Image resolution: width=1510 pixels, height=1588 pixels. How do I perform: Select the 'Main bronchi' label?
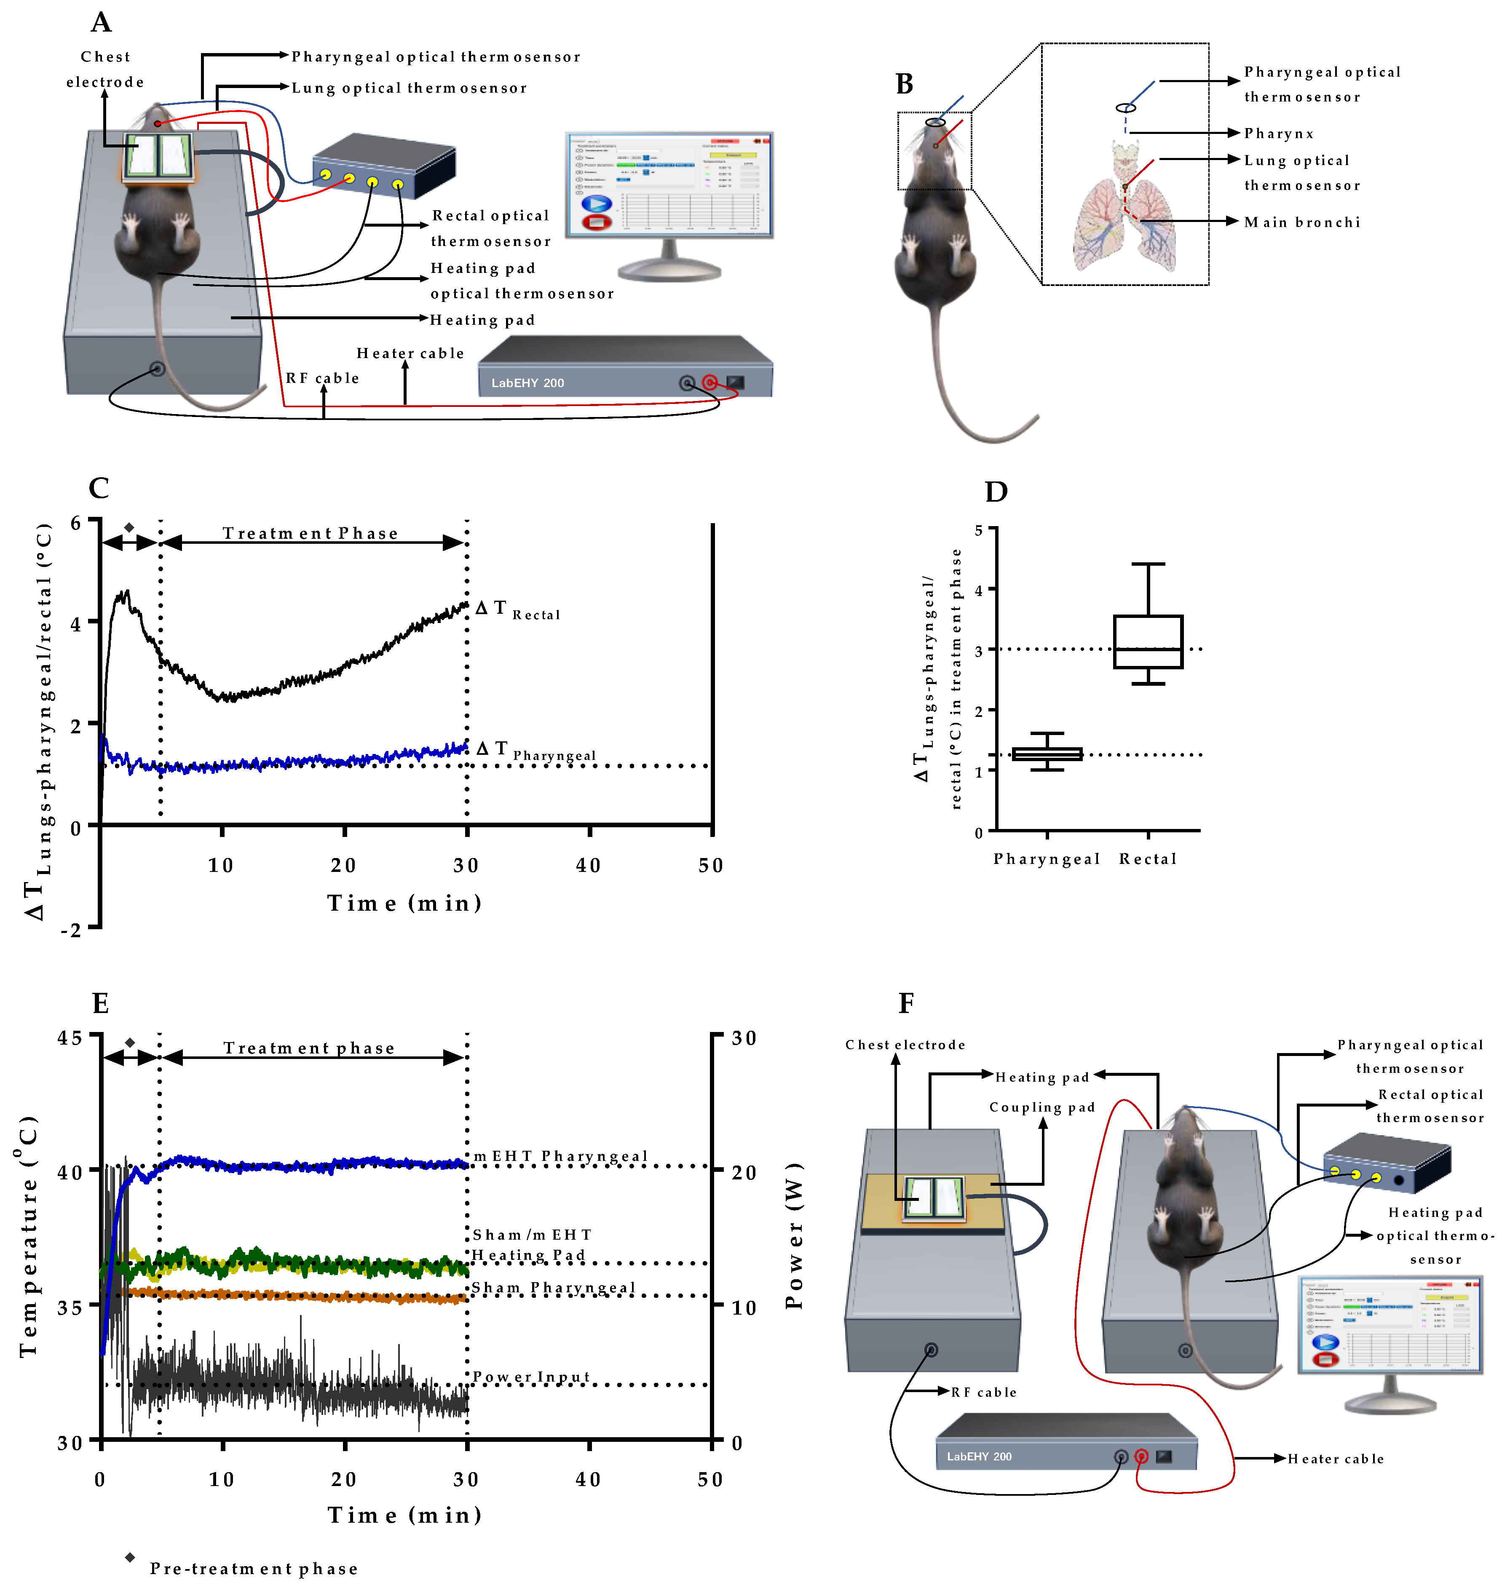click(1301, 222)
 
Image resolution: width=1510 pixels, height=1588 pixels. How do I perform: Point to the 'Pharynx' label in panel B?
click(1278, 134)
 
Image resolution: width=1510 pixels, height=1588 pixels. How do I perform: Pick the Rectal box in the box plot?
click(1148, 642)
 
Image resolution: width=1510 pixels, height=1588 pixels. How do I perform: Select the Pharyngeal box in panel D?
click(1047, 754)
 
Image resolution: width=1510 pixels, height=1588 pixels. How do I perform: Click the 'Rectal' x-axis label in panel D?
click(1148, 859)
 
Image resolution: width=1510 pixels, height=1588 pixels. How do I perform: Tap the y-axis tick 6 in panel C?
click(76, 523)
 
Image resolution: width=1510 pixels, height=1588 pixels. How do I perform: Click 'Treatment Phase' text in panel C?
click(310, 534)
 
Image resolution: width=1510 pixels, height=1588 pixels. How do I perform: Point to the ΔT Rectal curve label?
click(517, 610)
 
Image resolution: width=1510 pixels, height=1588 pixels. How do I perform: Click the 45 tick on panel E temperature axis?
click(70, 1038)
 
